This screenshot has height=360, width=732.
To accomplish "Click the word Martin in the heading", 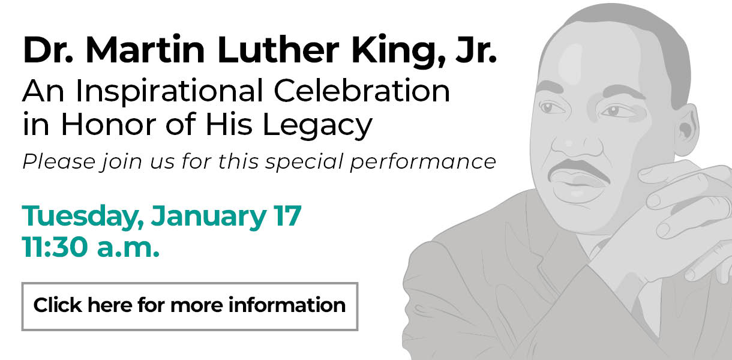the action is click(x=145, y=50).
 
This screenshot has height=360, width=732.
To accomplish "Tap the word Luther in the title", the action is click(x=278, y=49).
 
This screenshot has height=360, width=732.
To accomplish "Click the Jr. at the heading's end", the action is click(x=476, y=49).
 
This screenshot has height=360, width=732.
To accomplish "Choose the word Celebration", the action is click(x=362, y=90).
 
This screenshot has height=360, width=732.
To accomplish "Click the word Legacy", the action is click(x=317, y=125).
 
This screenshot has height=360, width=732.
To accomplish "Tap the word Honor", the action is click(x=109, y=124).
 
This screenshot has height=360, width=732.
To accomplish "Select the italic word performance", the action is click(x=423, y=162).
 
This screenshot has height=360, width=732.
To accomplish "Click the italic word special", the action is click(x=304, y=162).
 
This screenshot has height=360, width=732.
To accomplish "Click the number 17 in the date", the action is click(x=287, y=215).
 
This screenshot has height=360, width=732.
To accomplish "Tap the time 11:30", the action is click(x=55, y=247).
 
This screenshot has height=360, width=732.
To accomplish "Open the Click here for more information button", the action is click(x=190, y=307).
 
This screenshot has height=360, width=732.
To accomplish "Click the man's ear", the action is click(x=686, y=131).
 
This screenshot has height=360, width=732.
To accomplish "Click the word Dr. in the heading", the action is click(x=48, y=50).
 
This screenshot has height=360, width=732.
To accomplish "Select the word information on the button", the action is click(x=287, y=305).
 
